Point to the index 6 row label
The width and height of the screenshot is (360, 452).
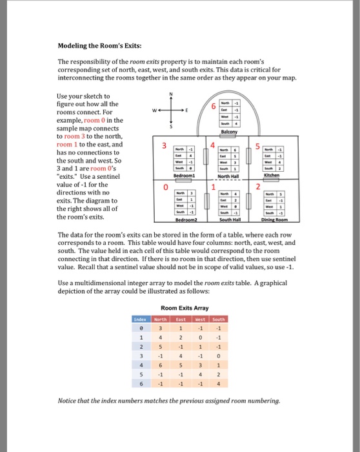(140, 382)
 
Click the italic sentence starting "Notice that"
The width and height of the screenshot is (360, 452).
(168, 401)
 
